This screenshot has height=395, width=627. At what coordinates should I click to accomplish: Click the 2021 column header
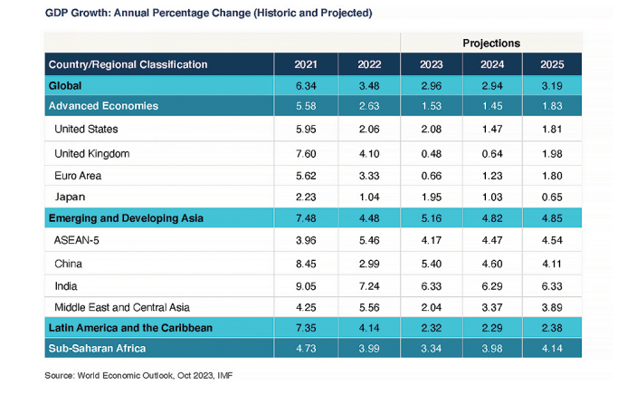point(306,64)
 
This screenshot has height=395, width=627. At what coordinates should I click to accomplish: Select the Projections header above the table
point(490,43)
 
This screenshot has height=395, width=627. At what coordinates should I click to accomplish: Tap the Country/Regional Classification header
point(128,64)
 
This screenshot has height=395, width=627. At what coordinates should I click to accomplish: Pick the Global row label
point(65,86)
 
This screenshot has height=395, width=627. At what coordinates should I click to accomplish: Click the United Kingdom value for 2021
point(306,153)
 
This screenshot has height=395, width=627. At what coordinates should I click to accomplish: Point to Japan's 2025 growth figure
point(551,197)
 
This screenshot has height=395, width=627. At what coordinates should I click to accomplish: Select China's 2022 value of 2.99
point(368,263)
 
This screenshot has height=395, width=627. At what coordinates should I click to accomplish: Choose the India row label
point(66,284)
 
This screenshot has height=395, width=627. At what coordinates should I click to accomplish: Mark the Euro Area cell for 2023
point(432,175)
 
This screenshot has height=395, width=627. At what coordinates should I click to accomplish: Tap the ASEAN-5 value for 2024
point(491,241)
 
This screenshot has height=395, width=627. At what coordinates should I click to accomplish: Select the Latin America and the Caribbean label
point(130,327)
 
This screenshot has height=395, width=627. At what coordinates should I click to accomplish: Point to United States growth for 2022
point(368,130)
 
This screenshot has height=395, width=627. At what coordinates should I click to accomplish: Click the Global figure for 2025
point(551,86)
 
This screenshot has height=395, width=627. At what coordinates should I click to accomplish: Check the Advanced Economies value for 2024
point(491,107)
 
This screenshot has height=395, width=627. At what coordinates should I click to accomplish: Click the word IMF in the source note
point(235,374)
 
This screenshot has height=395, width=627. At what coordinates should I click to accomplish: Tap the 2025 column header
point(551,64)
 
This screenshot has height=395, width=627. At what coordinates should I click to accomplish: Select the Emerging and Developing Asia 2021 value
point(306,218)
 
